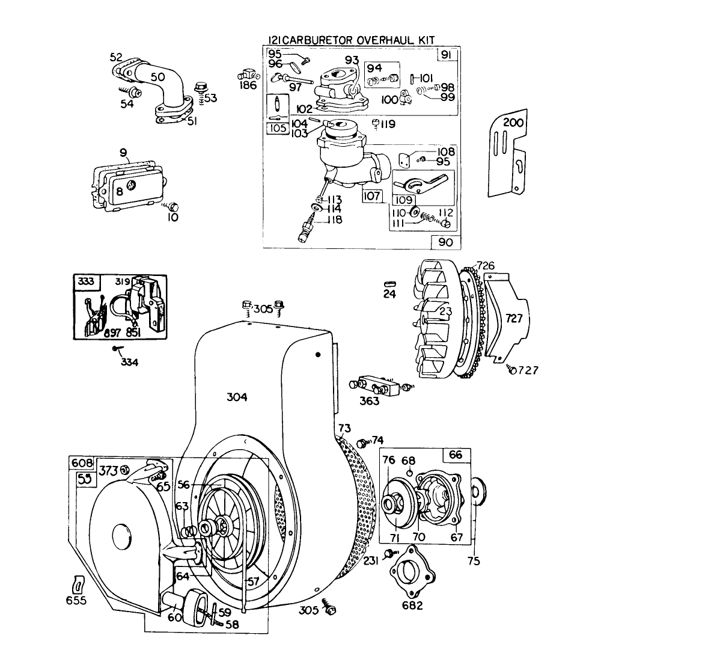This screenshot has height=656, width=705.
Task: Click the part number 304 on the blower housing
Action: pos(237,397)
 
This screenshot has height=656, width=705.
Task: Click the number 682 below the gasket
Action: pos(412,605)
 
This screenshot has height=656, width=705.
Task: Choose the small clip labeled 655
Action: pos(77,584)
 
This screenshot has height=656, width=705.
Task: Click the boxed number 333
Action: pos(83,281)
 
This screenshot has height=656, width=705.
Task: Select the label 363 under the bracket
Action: pos(369,400)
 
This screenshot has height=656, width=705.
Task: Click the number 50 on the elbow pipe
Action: pos(157,77)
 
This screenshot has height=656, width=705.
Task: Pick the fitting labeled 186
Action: pos(247,75)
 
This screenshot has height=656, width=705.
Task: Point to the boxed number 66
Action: pos(456,455)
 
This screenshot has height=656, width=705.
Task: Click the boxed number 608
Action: pos(82,463)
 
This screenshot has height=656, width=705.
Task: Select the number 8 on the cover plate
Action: pos(120,191)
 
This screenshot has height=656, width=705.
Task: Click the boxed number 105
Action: pos(277,127)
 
